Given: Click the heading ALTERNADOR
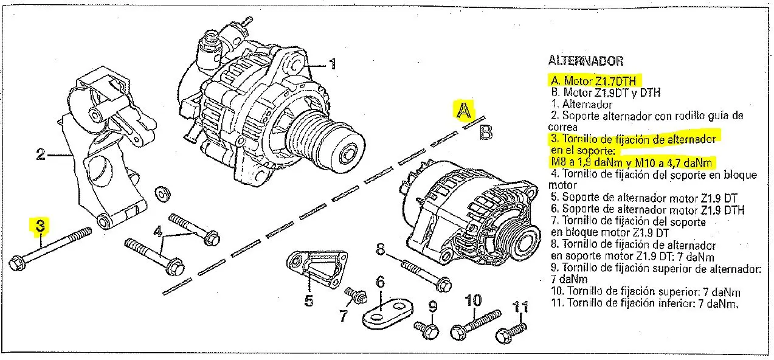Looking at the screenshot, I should (586, 61).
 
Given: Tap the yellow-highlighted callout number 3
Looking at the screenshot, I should (40, 226).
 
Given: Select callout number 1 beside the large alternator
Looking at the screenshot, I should (332, 64).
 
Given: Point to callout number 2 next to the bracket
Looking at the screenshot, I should (41, 155).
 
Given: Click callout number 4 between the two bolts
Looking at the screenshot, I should (158, 232).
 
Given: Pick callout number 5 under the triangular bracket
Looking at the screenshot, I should (309, 300).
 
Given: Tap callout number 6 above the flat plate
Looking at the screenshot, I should (380, 282).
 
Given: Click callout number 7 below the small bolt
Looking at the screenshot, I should (343, 316).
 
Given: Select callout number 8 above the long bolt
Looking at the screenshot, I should (381, 248).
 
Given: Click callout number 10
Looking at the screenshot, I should (473, 300).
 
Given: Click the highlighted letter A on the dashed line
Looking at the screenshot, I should (464, 110).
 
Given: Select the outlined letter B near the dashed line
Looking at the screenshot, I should (486, 132).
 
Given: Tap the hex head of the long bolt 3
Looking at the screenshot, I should (16, 265).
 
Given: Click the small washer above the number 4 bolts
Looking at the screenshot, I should (162, 193).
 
